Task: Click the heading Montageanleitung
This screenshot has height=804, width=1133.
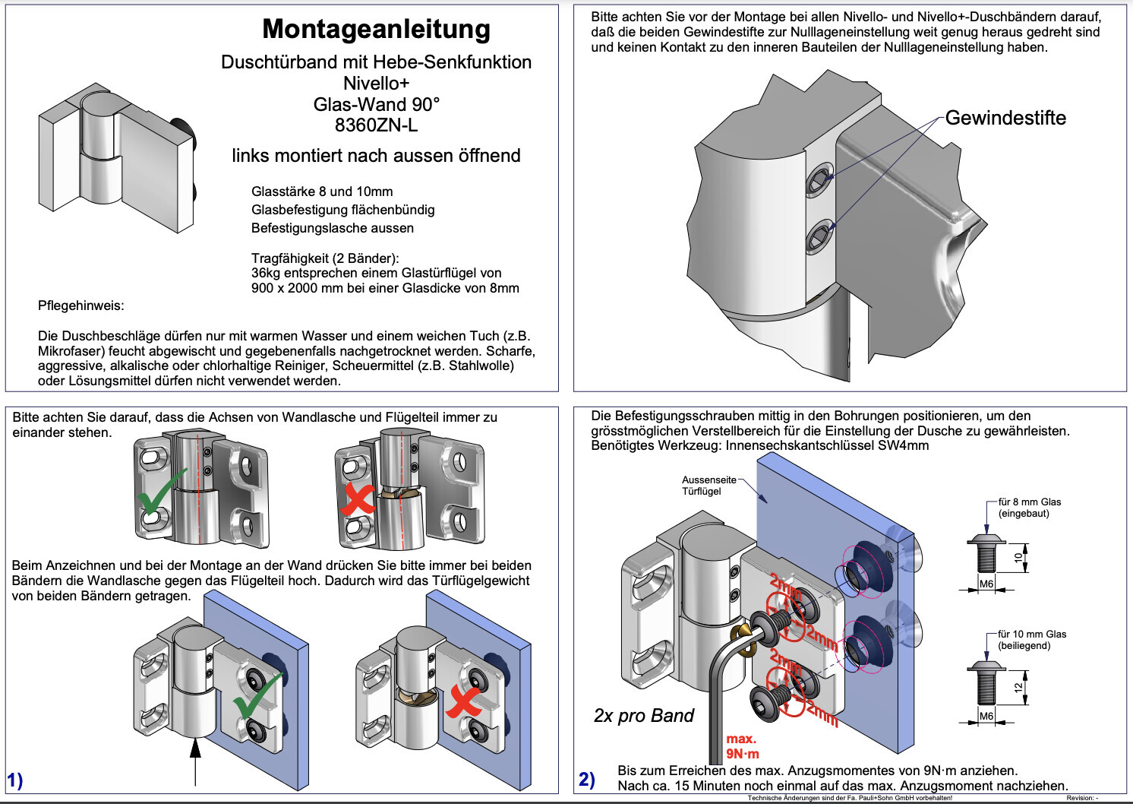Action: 376,30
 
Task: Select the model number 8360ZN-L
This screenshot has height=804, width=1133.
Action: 376,125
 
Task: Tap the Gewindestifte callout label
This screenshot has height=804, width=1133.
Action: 1005,118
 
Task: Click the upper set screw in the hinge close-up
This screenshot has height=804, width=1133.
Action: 819,179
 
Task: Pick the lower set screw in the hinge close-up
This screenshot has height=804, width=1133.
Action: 819,236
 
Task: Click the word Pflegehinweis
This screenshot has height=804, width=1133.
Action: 80,305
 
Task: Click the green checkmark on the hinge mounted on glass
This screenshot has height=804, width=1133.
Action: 257,695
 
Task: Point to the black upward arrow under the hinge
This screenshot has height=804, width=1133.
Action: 196,760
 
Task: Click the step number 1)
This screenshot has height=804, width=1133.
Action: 15,780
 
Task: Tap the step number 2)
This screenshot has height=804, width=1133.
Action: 587,780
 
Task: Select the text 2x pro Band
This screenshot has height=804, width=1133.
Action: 644,716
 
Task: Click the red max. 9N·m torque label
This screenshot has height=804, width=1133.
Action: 742,746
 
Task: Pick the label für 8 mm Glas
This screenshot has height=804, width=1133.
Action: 1029,502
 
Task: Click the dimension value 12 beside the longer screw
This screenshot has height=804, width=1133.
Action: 1018,688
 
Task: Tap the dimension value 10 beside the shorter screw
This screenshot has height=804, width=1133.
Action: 1018,558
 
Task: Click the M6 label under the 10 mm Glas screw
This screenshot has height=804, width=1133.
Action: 986,716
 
